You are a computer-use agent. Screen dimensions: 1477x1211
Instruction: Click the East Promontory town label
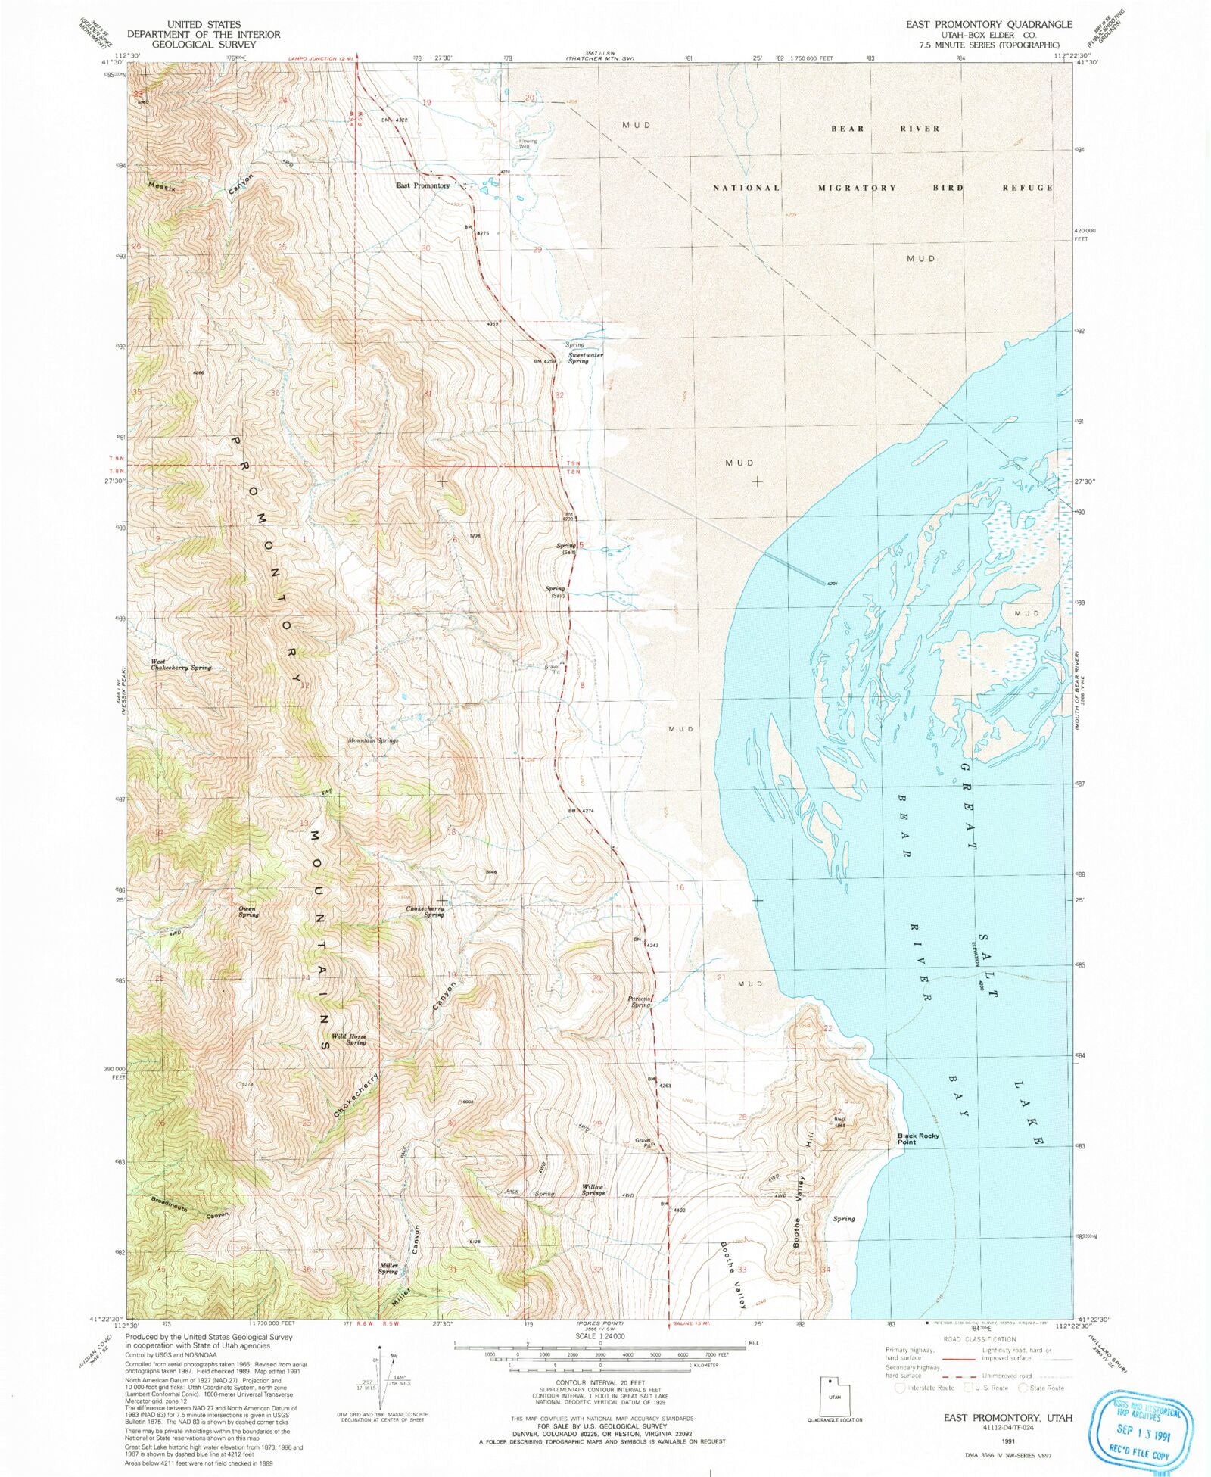click(422, 185)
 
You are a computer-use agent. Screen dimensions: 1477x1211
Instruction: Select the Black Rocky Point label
click(917, 1139)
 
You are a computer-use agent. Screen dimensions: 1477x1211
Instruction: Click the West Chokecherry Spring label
click(180, 665)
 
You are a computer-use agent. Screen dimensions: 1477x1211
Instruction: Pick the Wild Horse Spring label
click(349, 1039)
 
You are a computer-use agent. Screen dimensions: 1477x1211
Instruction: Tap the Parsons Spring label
click(640, 1002)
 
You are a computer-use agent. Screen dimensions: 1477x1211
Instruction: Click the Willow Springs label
click(593, 1189)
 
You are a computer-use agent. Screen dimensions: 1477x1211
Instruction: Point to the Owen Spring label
click(248, 911)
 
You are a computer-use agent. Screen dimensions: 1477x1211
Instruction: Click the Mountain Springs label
click(372, 740)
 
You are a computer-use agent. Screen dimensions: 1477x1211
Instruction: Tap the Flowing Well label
click(528, 143)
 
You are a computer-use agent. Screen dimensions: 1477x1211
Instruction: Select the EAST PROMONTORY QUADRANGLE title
click(988, 24)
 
